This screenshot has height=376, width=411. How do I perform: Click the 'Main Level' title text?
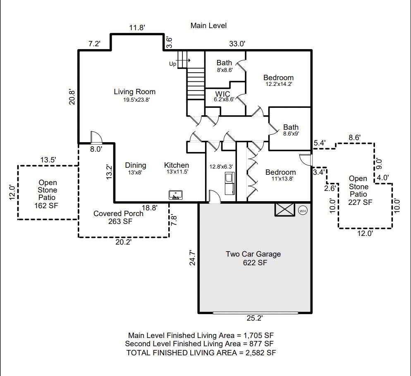(x=208, y=26)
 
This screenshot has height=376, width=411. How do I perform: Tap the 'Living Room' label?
(x=134, y=92)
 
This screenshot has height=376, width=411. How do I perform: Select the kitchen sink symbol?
(x=176, y=195)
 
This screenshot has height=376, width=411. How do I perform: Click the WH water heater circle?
(x=303, y=210)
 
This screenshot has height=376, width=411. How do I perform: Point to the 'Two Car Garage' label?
(x=253, y=254)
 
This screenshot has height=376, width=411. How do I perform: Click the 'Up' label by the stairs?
(x=172, y=64)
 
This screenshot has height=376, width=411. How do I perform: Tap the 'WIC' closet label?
(x=222, y=94)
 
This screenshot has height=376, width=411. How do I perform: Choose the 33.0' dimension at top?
(x=237, y=43)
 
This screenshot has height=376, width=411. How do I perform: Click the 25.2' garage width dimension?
(x=254, y=318)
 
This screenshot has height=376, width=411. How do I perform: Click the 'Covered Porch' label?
(x=118, y=214)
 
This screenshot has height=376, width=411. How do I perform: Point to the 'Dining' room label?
(x=136, y=165)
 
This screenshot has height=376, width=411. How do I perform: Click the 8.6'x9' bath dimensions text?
(x=291, y=133)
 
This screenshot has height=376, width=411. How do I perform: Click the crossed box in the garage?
(x=284, y=209)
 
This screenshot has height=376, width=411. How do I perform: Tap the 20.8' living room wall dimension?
(x=72, y=98)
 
